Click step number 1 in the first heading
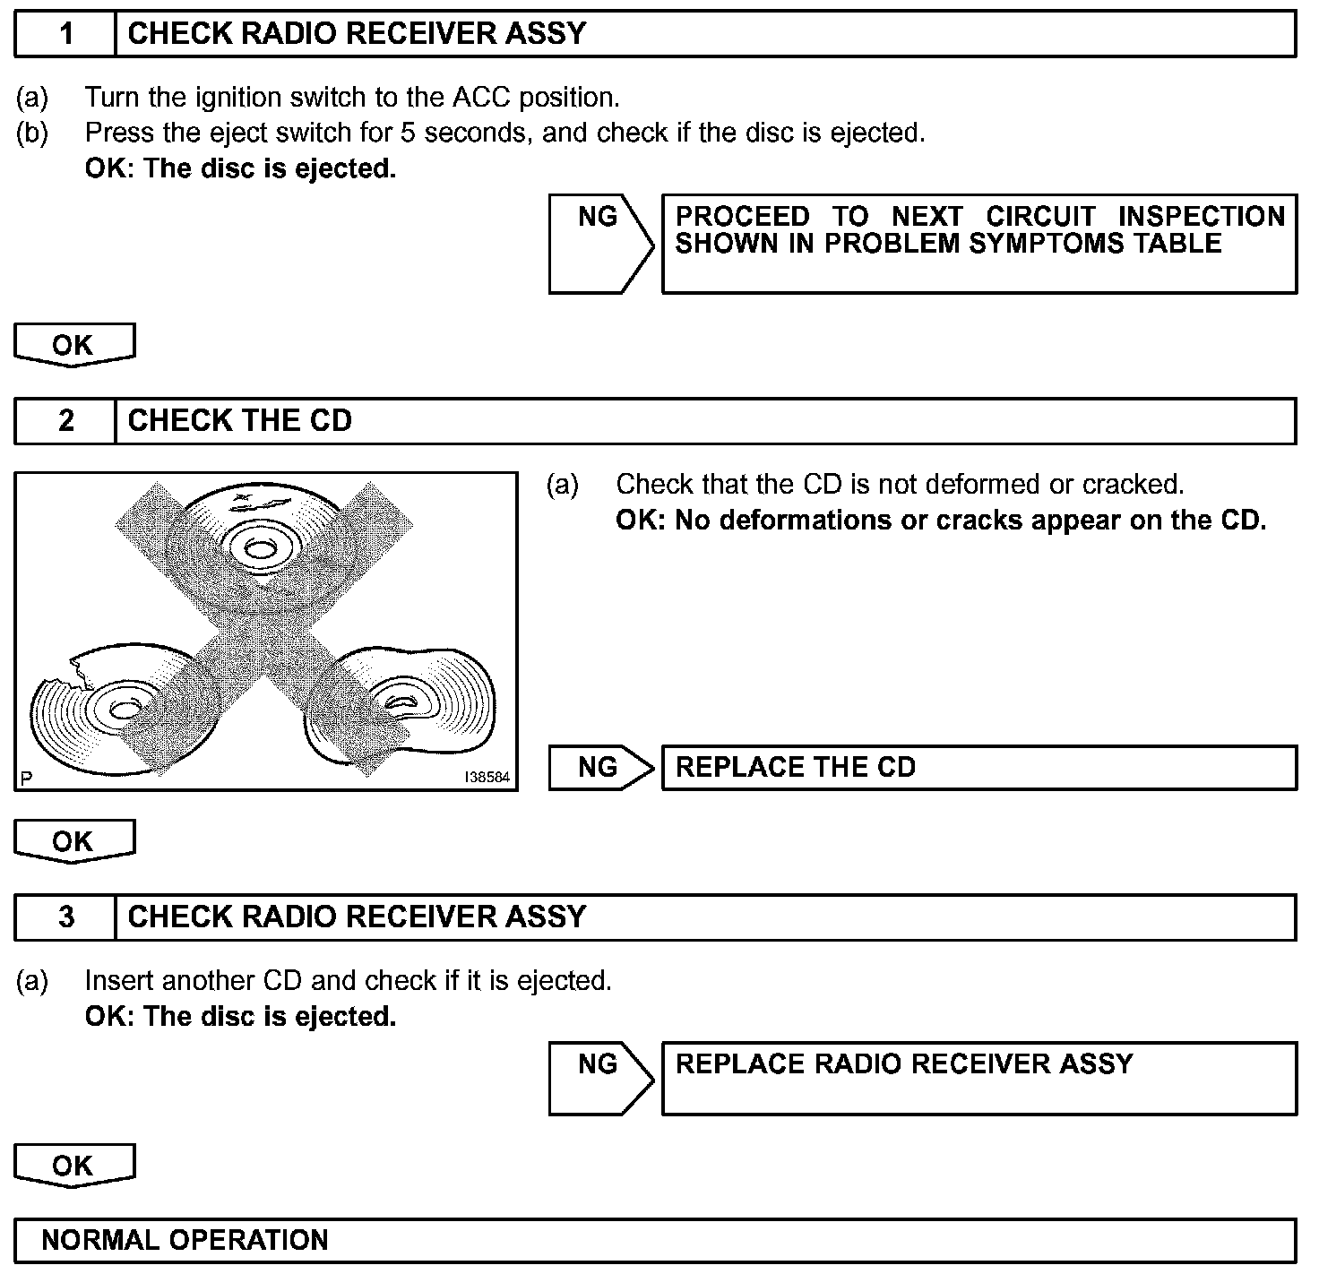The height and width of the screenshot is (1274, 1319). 65,34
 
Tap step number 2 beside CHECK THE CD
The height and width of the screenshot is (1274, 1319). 65,421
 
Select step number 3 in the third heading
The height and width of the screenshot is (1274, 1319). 65,917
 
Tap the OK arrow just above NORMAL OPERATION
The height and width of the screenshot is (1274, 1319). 73,1166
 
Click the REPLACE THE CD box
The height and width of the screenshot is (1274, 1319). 978,768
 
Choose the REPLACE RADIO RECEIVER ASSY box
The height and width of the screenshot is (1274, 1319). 978,1077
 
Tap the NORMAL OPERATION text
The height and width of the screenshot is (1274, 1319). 185,1240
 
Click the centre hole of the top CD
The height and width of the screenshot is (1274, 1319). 261,547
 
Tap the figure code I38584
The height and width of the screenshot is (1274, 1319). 487,778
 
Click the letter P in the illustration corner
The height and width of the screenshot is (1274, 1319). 26,779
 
